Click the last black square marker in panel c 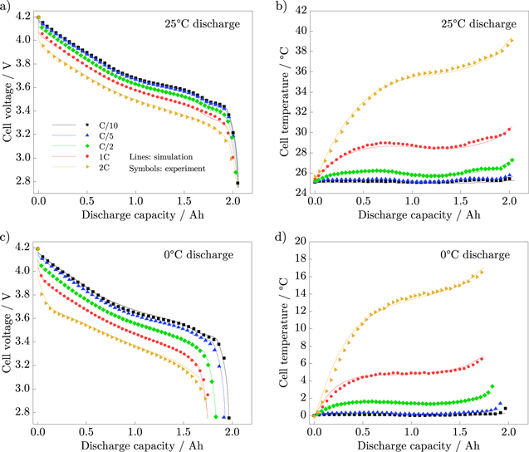(228, 418)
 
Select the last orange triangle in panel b (512, 40)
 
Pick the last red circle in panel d (482, 359)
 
